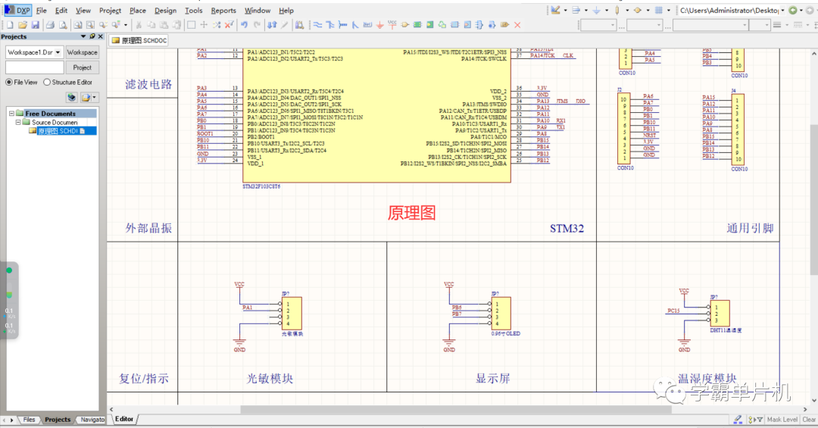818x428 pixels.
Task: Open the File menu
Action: point(41,11)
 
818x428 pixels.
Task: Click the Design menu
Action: point(165,11)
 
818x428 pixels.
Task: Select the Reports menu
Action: point(223,11)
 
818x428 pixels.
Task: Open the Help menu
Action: point(286,11)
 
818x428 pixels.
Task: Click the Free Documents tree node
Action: point(50,114)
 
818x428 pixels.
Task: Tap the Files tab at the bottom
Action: point(28,419)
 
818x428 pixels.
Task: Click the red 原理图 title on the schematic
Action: point(411,213)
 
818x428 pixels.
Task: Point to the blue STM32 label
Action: point(567,228)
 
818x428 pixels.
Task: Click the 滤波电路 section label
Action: point(148,84)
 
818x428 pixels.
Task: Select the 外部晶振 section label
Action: point(148,228)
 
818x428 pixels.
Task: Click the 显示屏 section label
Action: point(492,378)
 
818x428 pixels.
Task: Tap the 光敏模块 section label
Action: point(270,378)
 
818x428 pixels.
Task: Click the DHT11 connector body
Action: point(720,313)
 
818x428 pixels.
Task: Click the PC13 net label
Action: point(673,311)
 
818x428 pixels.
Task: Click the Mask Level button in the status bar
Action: point(782,419)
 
